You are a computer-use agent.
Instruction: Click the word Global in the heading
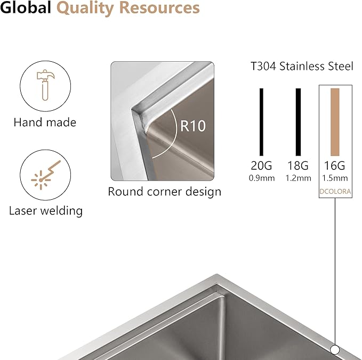coord(26,7)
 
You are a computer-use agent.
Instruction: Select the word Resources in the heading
coord(160,7)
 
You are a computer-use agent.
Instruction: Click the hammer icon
coord(45,85)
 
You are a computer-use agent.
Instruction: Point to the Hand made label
coord(45,122)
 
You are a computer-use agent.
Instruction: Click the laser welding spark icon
coord(45,175)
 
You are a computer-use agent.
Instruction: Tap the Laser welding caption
coord(46,211)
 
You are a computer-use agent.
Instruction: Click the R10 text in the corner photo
coord(193,126)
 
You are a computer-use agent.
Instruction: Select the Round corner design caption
coord(164,192)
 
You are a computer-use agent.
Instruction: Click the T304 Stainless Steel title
coord(302,66)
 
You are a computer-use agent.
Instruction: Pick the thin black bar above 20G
coord(261,122)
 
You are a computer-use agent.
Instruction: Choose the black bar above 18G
coord(298,122)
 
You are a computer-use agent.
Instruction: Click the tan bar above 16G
coord(335,122)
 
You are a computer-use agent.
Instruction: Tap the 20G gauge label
coord(261,166)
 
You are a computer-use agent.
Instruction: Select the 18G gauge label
coord(298,166)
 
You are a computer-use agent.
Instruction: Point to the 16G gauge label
coord(335,166)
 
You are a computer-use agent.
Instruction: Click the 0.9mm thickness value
coord(262,178)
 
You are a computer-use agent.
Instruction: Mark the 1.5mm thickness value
coord(335,178)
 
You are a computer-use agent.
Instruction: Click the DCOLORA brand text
coord(335,191)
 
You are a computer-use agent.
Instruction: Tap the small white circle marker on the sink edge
coord(335,350)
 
